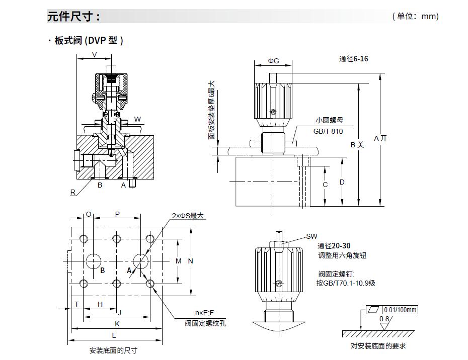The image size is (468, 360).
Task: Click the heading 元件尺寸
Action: (73, 17)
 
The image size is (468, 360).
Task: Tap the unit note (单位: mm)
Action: (415, 17)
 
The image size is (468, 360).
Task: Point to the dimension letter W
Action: (137, 120)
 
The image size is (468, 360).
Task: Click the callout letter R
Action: (72, 192)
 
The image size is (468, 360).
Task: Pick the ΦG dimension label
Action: (273, 61)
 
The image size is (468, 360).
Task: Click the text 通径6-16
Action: (353, 59)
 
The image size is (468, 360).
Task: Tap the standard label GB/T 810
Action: (328, 131)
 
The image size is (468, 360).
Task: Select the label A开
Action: (381, 138)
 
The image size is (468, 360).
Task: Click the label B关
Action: (357, 145)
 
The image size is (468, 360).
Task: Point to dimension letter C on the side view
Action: (325, 185)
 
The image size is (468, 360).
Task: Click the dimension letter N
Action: (191, 261)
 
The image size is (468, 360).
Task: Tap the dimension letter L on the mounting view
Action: (114, 335)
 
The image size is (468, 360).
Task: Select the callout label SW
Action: (312, 236)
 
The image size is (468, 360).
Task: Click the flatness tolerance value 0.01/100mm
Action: (400, 310)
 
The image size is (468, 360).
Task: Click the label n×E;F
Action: (204, 313)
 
